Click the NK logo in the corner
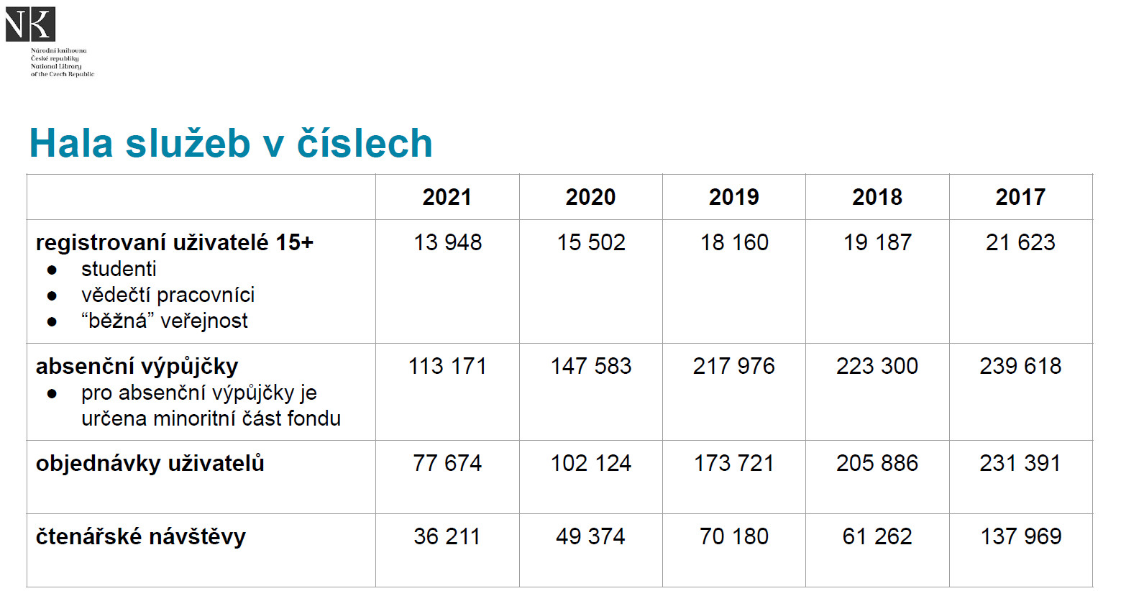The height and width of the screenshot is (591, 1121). coord(30,24)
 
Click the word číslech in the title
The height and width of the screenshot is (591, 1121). coord(365,143)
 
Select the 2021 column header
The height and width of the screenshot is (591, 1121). coord(447,197)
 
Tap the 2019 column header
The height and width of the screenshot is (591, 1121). coord(733,197)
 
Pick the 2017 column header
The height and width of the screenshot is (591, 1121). coord(1020,197)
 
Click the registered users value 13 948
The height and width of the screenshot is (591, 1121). coord(447,243)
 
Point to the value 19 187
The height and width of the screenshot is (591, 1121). coord(877,243)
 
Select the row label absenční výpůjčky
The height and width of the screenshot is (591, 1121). coord(137,367)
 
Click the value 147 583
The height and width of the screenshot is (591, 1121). coord(590,366)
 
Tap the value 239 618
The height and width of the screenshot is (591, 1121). coord(1020,366)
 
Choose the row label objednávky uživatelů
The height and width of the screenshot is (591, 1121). coord(150,464)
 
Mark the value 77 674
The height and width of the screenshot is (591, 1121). coord(447,464)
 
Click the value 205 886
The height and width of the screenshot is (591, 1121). coord(877,464)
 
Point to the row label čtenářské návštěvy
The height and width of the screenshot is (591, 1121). coord(141,537)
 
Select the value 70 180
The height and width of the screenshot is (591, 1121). coord(733,537)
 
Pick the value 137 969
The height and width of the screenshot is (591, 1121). coord(1021,537)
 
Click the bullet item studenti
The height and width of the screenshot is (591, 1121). coord(119,269)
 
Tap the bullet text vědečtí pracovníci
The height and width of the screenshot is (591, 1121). coord(168,295)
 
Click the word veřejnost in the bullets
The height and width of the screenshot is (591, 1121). coord(203,321)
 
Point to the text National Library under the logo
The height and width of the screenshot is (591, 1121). coord(56,66)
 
